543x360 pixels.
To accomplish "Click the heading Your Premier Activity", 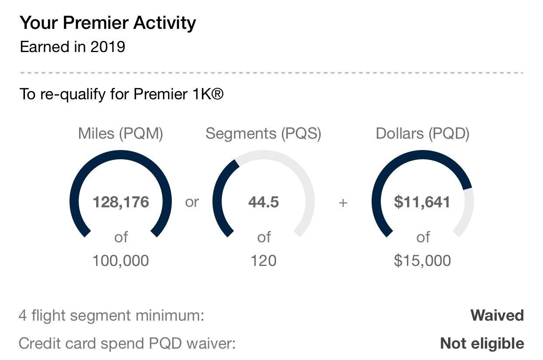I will [x=108, y=23].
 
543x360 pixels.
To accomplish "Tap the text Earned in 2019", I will [x=73, y=47].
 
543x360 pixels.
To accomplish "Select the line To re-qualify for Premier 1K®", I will [x=122, y=94].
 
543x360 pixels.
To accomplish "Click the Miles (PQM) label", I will [x=121, y=133].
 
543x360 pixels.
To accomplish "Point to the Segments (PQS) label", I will [x=263, y=133].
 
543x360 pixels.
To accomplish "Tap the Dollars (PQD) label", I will [x=422, y=133].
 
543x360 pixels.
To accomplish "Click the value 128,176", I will [x=121, y=203].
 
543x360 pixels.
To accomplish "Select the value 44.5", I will [x=263, y=203].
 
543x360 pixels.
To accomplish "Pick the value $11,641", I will [x=422, y=203].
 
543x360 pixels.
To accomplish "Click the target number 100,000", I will [x=121, y=261].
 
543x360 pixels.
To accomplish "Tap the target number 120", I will [x=263, y=261].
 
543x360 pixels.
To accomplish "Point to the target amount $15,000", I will [x=422, y=261].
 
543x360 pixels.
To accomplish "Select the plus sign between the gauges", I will [x=343, y=203].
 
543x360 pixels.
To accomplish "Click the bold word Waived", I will [x=497, y=315].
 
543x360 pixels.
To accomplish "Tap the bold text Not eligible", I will [x=482, y=343].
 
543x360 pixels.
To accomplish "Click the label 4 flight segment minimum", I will [x=111, y=315].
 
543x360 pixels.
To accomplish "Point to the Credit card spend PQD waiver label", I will [x=127, y=343].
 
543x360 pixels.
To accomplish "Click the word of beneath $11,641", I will [x=423, y=238].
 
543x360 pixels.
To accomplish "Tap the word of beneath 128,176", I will [x=121, y=238].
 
